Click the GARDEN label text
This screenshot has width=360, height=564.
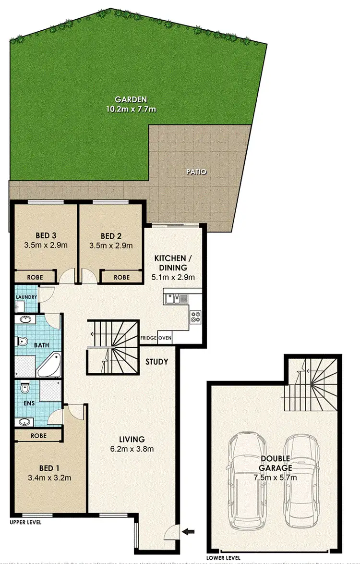[x=131, y=99]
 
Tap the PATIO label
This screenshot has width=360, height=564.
[x=197, y=172]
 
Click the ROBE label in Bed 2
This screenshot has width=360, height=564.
[x=121, y=277]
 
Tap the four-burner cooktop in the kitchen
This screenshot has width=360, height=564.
[x=196, y=317]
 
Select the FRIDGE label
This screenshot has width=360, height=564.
[x=148, y=338]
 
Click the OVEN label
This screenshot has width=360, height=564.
[x=165, y=338]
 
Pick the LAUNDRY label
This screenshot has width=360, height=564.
[x=26, y=297]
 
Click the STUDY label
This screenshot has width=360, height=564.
[x=156, y=361]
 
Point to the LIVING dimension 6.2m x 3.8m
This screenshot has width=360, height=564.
[x=132, y=449]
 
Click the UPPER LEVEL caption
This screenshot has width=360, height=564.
[x=25, y=522]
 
